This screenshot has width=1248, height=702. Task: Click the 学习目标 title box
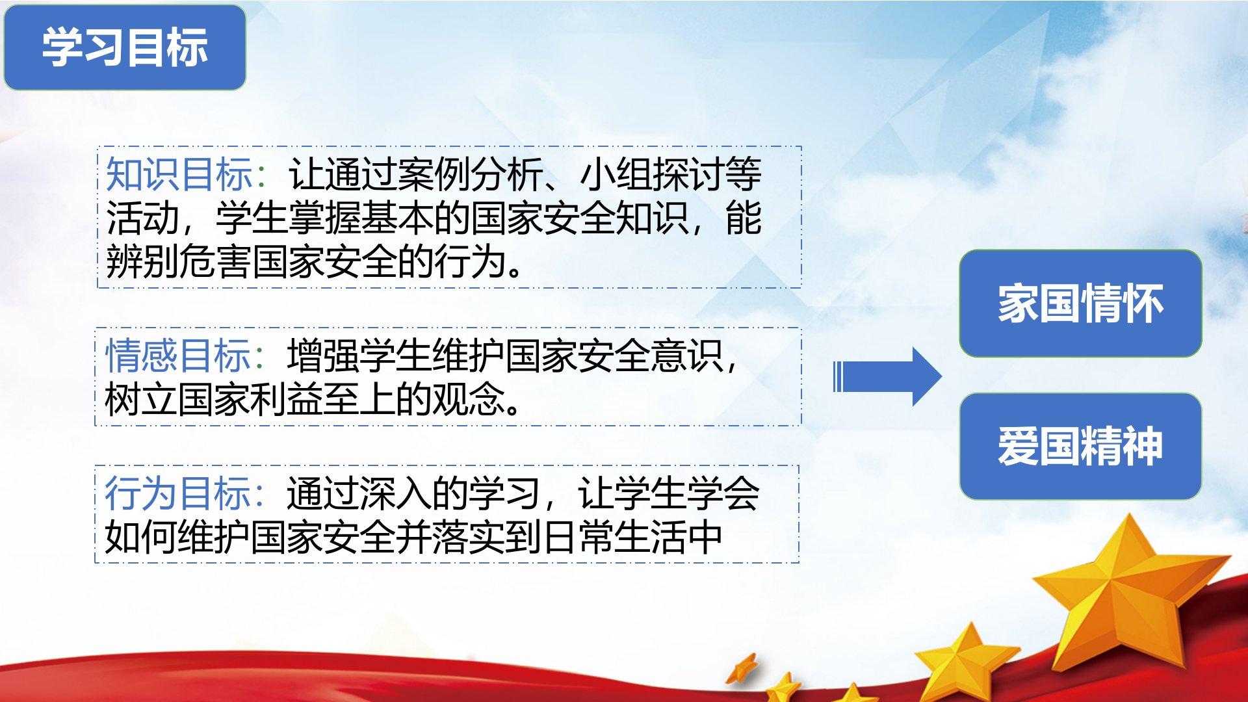coord(125,47)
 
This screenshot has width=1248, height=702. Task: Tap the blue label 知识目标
coord(179,174)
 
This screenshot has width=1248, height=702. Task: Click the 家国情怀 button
coord(1080,304)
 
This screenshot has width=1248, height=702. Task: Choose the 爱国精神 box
coord(1080,447)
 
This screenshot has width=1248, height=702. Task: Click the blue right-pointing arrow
coord(887,377)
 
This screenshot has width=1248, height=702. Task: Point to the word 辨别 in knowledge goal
coord(142,262)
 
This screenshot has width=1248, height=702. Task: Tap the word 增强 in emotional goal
coord(324,356)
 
